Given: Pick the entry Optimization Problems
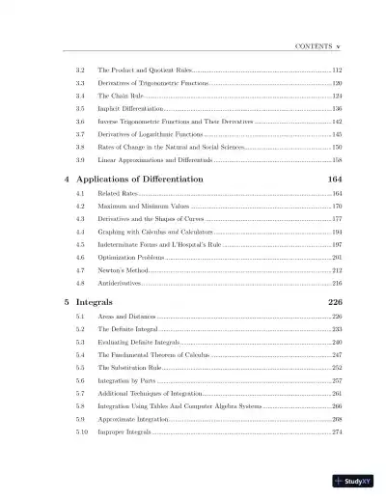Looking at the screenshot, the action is point(132,258).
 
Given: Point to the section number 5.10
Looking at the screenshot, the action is point(83,431).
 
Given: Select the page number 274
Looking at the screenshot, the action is point(337,431).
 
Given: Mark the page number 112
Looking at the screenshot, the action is point(337,71).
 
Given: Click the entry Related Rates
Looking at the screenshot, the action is point(117,194).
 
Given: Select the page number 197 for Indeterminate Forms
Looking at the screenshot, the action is point(337,245).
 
